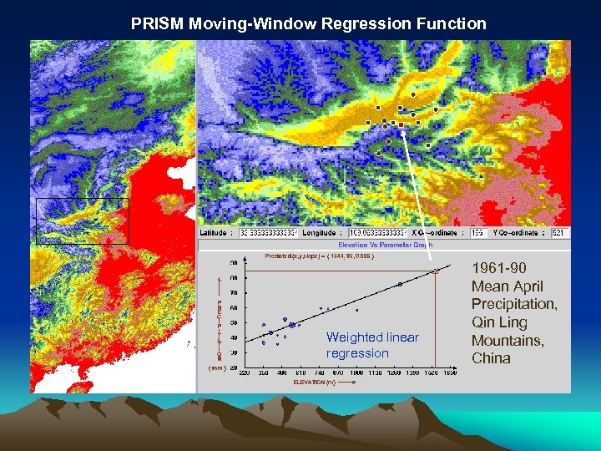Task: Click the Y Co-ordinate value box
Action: coord(557,233)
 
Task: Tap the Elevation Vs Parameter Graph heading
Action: coord(391,245)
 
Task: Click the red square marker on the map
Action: coord(402,124)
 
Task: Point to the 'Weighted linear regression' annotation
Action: coord(372,345)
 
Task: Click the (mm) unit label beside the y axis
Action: coord(215,367)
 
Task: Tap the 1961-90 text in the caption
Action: coord(499,268)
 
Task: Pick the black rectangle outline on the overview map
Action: coord(83,221)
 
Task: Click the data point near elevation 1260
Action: coord(399,285)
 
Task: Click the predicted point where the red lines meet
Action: coord(436,271)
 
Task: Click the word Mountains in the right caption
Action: coord(508,341)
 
